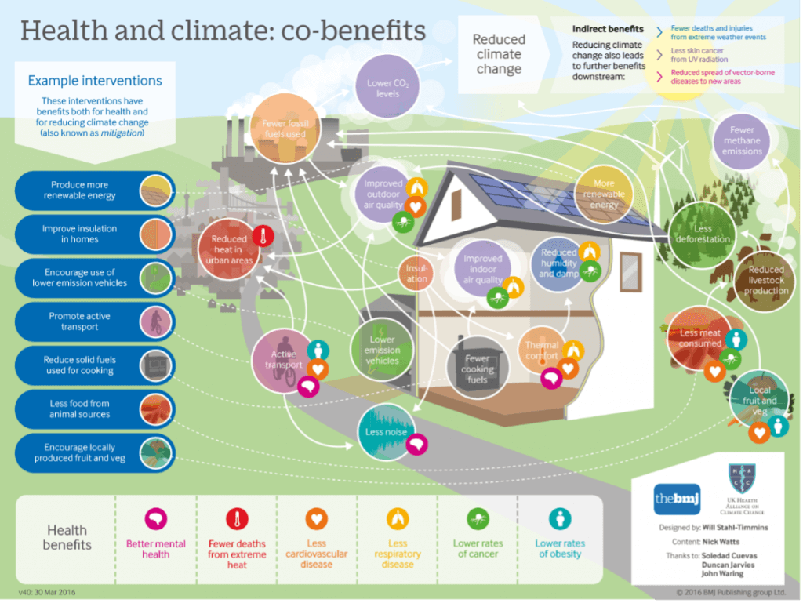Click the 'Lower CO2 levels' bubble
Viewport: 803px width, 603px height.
(383, 89)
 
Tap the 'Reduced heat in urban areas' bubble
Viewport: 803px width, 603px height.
(229, 249)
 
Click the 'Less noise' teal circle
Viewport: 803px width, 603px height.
(385, 432)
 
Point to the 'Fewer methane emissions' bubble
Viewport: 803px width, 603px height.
(742, 140)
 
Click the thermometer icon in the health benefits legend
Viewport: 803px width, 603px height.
(237, 519)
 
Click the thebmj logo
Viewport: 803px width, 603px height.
(677, 499)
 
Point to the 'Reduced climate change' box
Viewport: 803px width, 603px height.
(499, 54)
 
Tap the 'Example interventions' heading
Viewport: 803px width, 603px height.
(95, 81)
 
